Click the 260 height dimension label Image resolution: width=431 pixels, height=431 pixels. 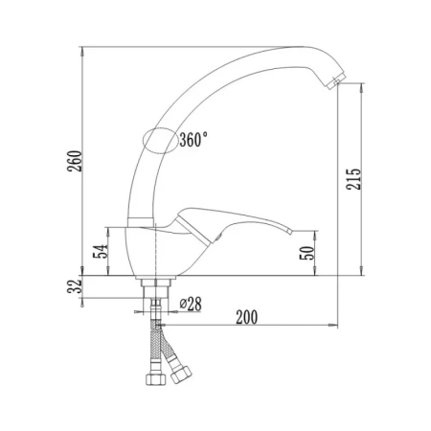[75, 161]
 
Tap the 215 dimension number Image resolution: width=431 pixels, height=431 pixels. [353, 179]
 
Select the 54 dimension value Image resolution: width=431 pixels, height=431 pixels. [100, 252]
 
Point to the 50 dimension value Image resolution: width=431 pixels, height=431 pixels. [307, 253]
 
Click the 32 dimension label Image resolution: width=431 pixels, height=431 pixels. [75, 286]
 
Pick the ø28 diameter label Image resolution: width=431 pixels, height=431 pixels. [191, 304]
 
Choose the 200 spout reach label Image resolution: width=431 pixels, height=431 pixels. [246, 317]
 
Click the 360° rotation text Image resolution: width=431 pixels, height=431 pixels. [193, 140]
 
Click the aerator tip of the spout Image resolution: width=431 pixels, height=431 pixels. [337, 81]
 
